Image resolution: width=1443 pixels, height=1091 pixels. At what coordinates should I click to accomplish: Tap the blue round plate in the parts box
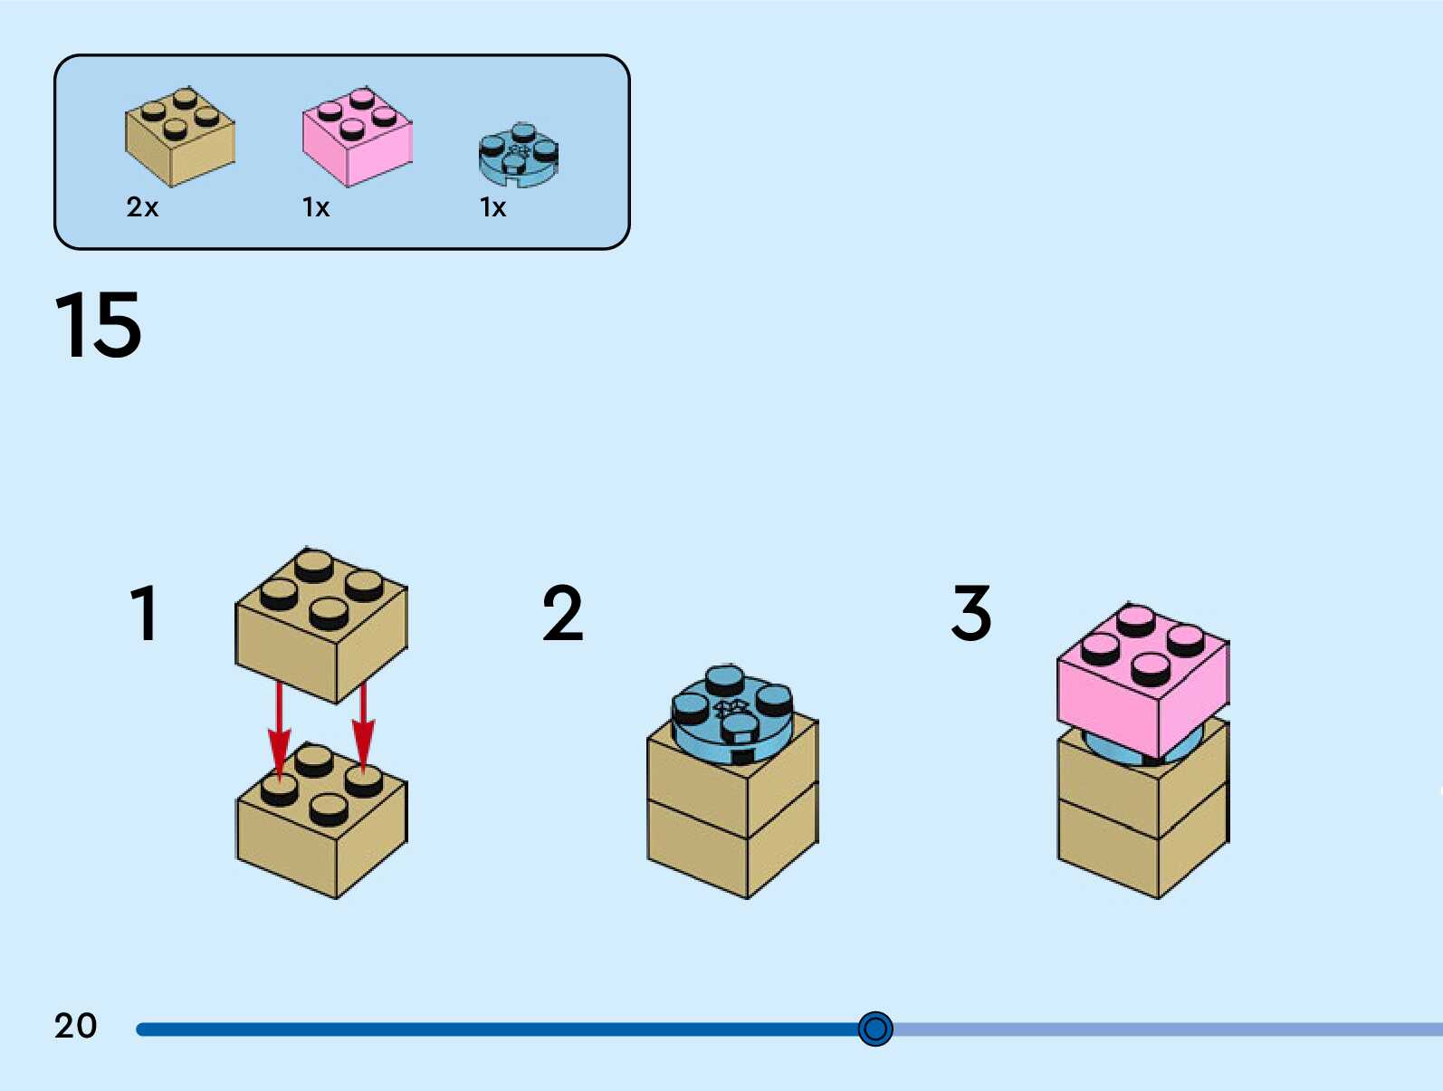(x=519, y=155)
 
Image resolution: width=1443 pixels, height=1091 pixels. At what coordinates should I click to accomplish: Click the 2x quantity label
(x=142, y=207)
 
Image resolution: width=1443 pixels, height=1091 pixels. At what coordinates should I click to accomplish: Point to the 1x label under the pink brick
(x=316, y=207)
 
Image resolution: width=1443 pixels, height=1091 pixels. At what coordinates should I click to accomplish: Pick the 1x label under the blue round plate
(x=492, y=207)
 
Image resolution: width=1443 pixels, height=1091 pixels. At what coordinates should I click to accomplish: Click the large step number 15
(x=98, y=325)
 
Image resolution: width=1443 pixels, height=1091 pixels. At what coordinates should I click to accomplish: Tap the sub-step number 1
(x=145, y=613)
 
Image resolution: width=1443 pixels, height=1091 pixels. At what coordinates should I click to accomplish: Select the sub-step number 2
(x=562, y=613)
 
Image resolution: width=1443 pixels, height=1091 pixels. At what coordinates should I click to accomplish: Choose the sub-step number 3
(x=971, y=613)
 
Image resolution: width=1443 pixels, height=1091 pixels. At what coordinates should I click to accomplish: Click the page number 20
(x=75, y=1026)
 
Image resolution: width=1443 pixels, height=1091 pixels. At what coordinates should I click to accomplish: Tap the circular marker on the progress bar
(x=875, y=1029)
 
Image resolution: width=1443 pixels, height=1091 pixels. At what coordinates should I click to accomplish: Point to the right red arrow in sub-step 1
(x=363, y=724)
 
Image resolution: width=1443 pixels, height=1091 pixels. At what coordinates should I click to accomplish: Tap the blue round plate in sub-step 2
(x=731, y=715)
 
